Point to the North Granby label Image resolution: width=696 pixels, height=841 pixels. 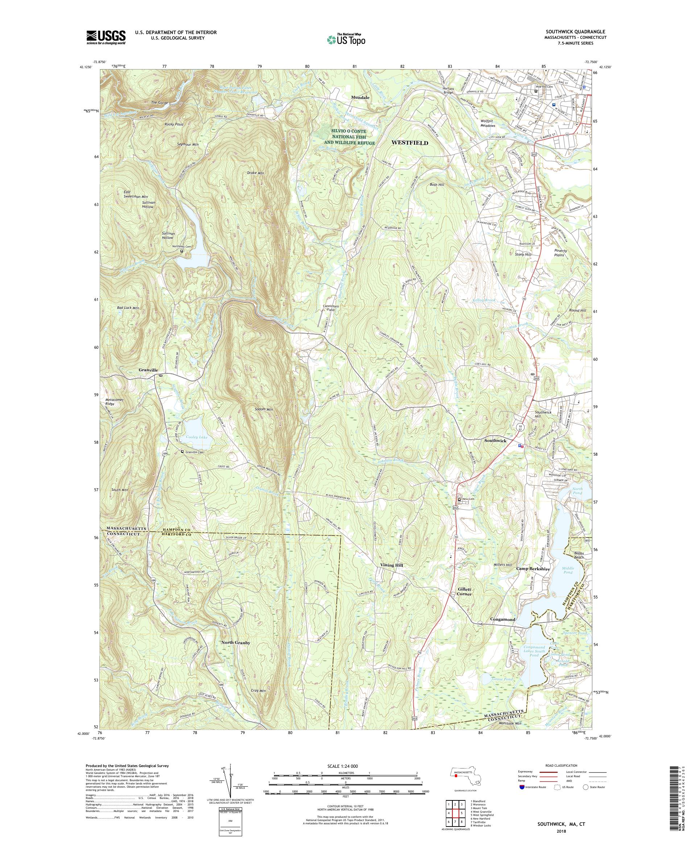(x=236, y=654)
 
